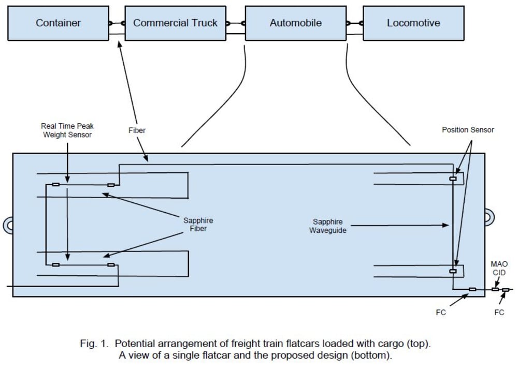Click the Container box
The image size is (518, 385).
pos(58,23)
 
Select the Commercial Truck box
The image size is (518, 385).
pos(175,23)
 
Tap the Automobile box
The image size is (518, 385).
pos(295,23)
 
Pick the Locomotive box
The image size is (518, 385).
pos(413,23)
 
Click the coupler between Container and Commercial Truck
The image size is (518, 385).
pos(117,23)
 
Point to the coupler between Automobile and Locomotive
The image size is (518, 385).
pos(355,23)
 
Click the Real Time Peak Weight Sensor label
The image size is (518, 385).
pos(67,130)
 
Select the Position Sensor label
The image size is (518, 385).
pos(468,130)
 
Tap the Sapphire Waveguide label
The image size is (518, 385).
pos(327,226)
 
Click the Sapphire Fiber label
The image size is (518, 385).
pos(198,225)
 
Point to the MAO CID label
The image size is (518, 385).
pos(499,269)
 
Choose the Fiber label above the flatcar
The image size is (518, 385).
pos(137,130)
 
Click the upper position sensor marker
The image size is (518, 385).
pos(453,179)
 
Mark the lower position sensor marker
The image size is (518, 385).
pos(453,271)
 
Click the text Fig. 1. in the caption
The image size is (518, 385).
pos(96,344)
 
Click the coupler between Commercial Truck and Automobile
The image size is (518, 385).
pos(236,23)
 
